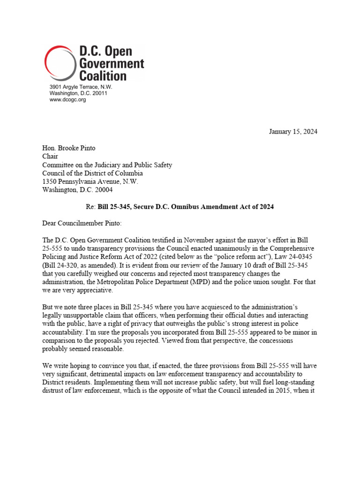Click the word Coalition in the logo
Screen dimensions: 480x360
point(103,75)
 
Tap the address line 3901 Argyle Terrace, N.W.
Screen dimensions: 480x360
point(81,87)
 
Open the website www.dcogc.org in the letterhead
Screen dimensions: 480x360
point(68,100)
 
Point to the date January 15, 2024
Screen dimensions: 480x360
point(293,131)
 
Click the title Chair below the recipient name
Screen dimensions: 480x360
point(51,157)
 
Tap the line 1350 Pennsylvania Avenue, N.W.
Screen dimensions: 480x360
point(90,182)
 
